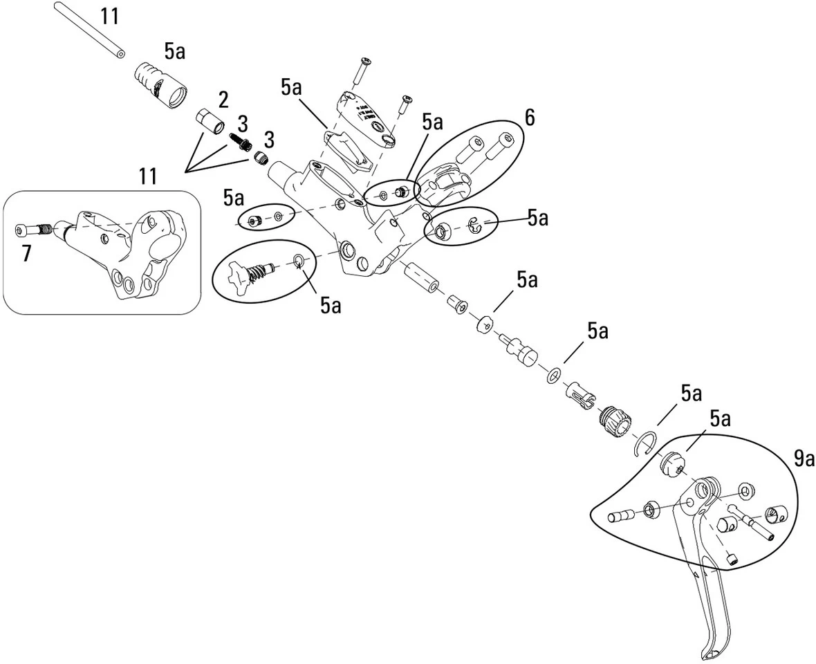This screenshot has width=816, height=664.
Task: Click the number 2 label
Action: pos(223,100)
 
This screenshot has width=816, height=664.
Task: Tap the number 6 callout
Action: pos(530,118)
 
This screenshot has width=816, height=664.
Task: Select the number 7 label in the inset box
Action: pos(26,252)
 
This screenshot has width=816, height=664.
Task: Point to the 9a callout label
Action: pos(804,458)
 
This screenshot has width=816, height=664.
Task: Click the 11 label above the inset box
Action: pos(148,176)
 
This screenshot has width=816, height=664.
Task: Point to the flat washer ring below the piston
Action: pos(554,376)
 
